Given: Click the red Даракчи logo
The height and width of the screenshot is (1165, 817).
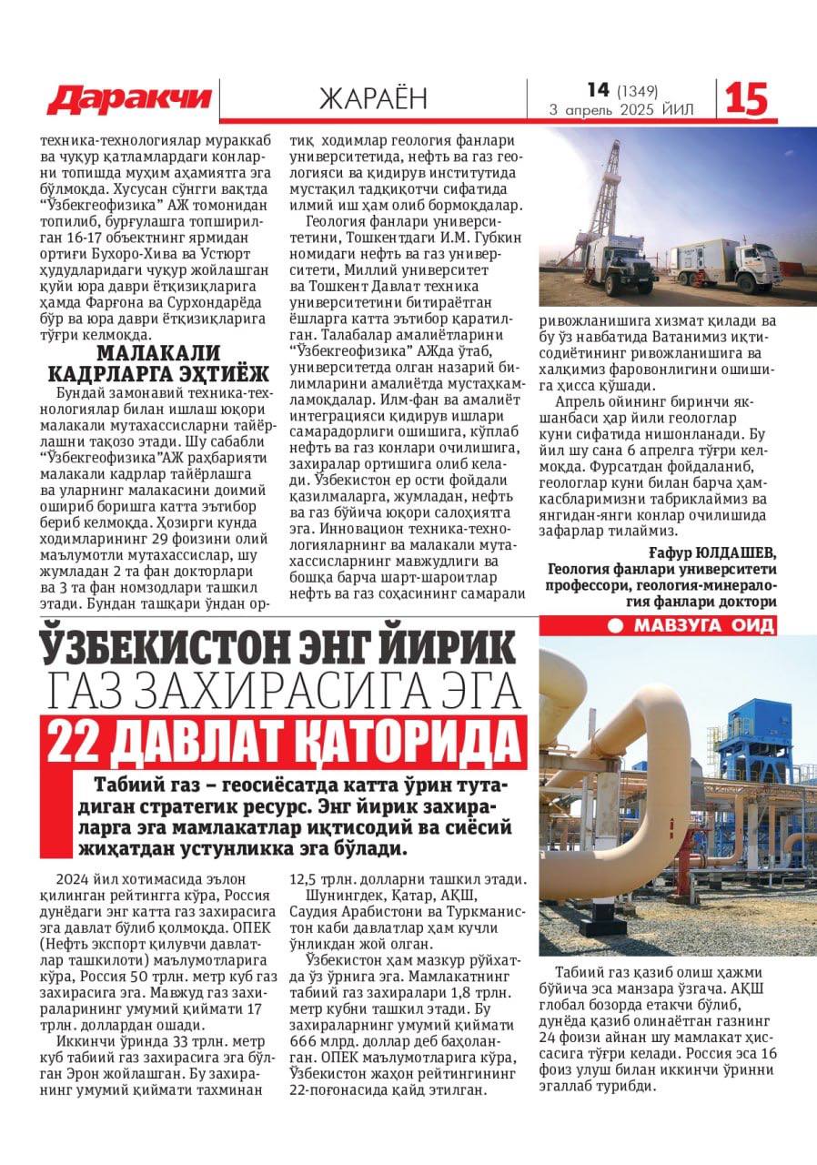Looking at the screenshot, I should click(129, 98).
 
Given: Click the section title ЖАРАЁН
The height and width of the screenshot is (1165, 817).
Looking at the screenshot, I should click(373, 97).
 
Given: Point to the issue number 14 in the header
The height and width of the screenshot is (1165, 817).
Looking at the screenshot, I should click(598, 89).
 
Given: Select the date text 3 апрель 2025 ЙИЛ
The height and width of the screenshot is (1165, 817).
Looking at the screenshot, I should click(621, 110).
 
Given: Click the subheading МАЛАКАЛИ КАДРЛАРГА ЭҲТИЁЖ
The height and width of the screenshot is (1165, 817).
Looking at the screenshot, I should click(158, 363).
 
